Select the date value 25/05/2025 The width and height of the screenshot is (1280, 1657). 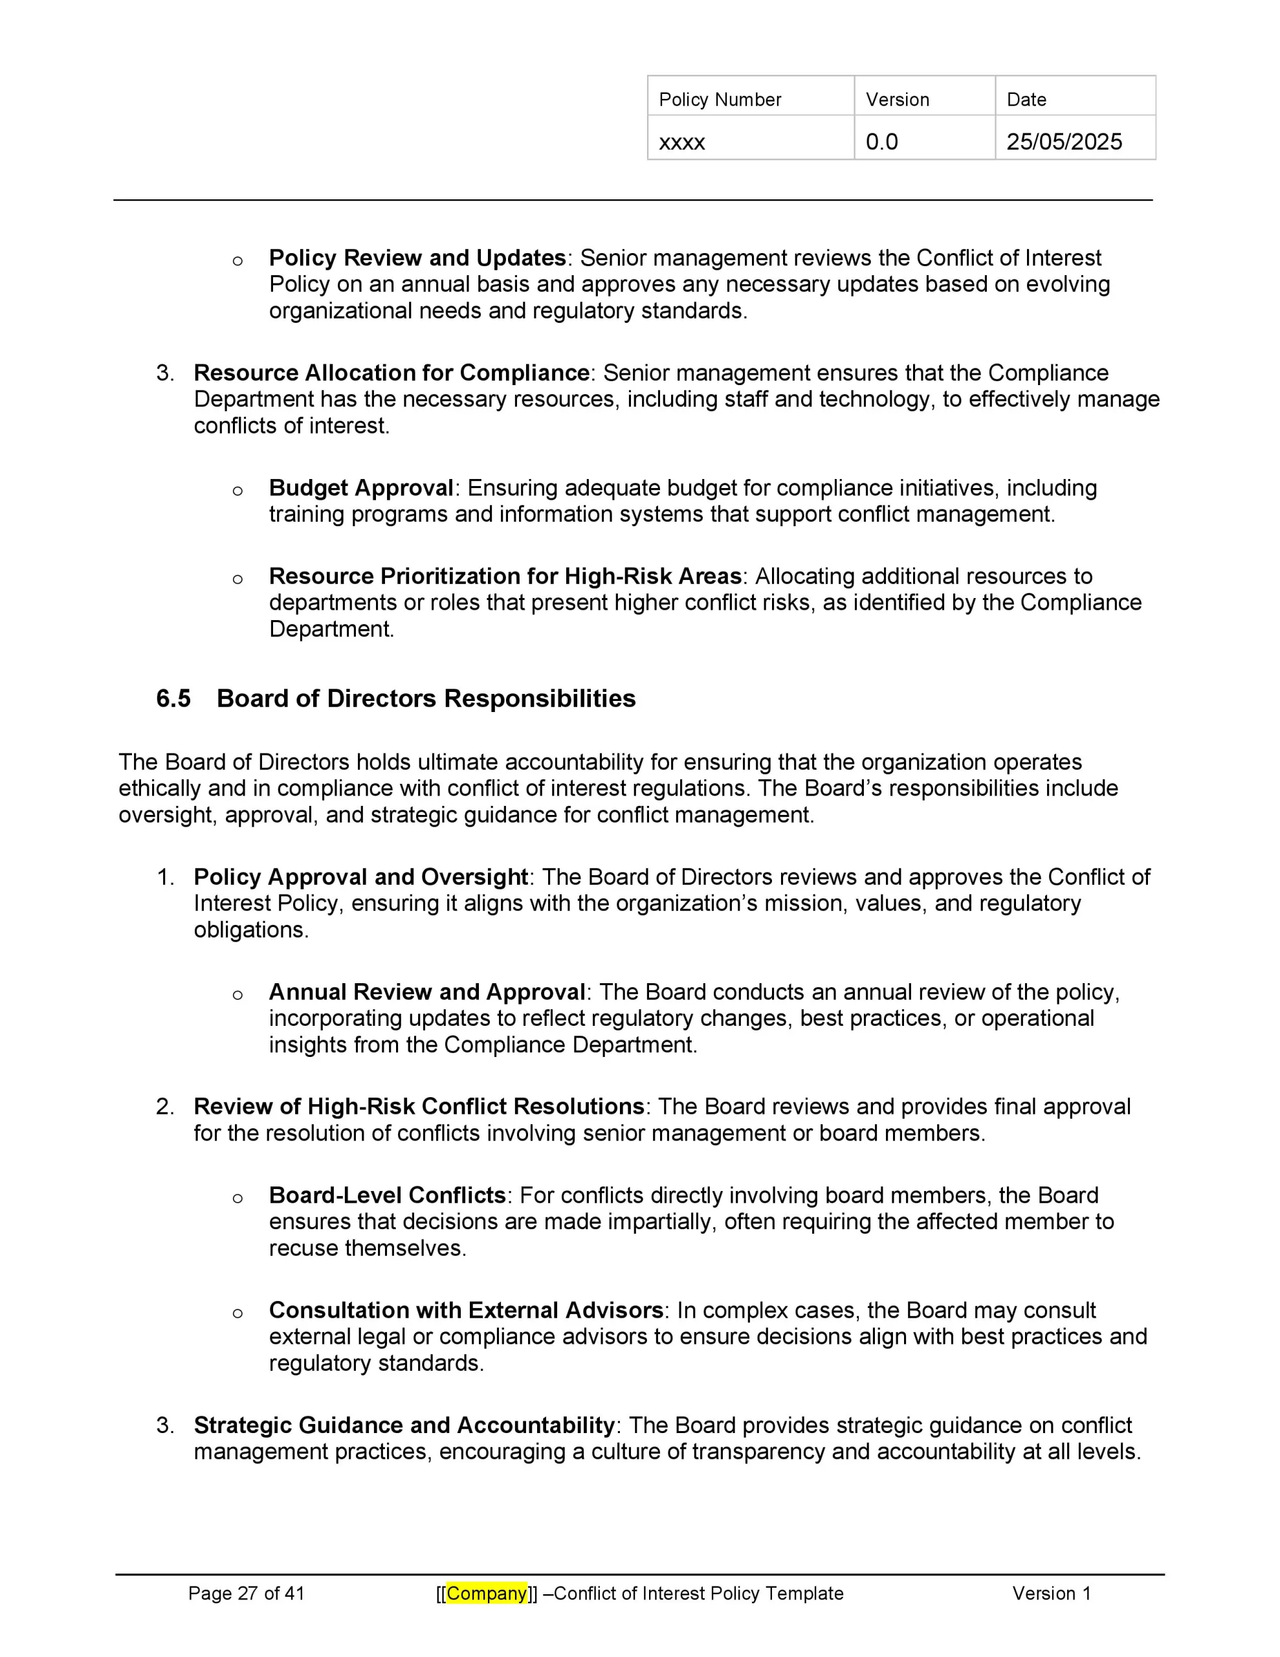(x=1064, y=142)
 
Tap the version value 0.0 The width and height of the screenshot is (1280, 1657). (x=881, y=142)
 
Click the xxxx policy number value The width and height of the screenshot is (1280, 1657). (x=681, y=142)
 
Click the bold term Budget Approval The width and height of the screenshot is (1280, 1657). (x=361, y=488)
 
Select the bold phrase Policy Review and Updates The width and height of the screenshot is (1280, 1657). (x=417, y=258)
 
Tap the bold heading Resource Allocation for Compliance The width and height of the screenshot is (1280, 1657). (x=392, y=373)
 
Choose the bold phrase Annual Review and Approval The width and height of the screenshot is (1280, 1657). (x=426, y=992)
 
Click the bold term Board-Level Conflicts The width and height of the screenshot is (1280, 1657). (x=387, y=1195)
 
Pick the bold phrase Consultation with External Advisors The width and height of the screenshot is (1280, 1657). (x=467, y=1310)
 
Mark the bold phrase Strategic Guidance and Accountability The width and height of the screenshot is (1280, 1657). (x=404, y=1425)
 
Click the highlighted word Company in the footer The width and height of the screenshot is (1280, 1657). (x=487, y=1594)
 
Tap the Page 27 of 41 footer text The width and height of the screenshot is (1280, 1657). (x=246, y=1594)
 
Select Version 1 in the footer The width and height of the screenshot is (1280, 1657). (x=1051, y=1594)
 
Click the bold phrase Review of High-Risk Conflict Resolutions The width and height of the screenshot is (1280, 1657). (x=419, y=1106)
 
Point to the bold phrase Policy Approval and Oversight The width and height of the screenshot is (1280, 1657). (x=361, y=877)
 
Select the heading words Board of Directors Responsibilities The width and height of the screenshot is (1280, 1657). (x=426, y=698)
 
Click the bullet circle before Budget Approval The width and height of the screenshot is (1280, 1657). (x=237, y=491)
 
